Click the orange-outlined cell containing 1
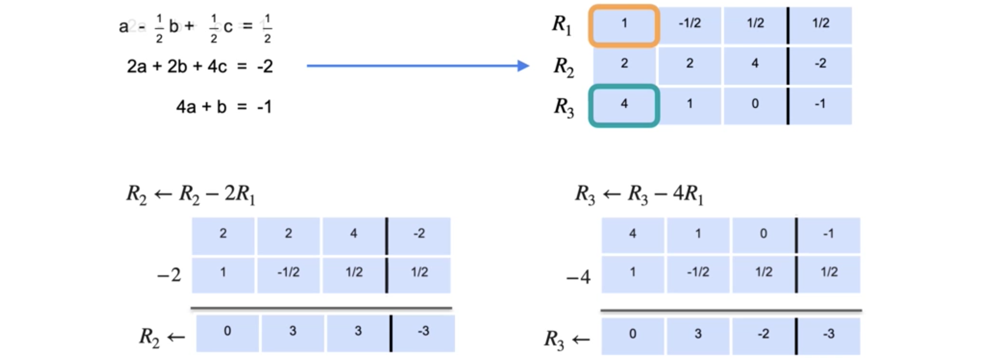624,25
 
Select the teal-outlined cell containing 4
624,105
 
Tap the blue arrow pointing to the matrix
417,66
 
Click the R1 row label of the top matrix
562,25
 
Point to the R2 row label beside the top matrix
563,66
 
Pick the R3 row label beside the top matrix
564,107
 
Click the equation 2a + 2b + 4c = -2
199,66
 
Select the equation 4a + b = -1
224,107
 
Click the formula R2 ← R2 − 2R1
190,194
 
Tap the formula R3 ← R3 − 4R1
639,194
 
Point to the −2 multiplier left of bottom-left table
169,275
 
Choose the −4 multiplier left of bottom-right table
578,277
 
